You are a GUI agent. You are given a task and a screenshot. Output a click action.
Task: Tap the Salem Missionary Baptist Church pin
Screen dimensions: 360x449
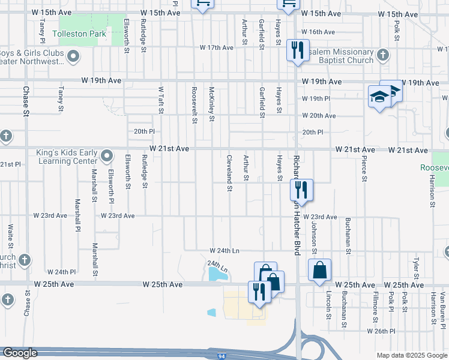(384, 56)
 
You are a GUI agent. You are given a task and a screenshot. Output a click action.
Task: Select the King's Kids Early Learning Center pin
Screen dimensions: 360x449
(107, 157)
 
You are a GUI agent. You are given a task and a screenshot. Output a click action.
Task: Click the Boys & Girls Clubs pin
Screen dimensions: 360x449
(73, 57)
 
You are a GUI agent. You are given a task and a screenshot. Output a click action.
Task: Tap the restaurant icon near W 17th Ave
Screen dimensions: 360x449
(297, 50)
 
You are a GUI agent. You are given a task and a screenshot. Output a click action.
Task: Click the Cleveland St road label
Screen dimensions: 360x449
(229, 173)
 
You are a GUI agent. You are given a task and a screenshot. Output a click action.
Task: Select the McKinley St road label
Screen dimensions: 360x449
(211, 103)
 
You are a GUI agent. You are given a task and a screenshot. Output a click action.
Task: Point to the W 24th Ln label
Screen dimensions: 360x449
(224, 250)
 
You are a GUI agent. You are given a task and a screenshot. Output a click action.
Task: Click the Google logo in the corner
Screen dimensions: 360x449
(20, 353)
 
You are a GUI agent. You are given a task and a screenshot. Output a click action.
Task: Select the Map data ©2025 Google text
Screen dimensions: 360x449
(412, 355)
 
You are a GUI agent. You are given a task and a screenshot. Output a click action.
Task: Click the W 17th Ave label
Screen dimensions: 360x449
(217, 47)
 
